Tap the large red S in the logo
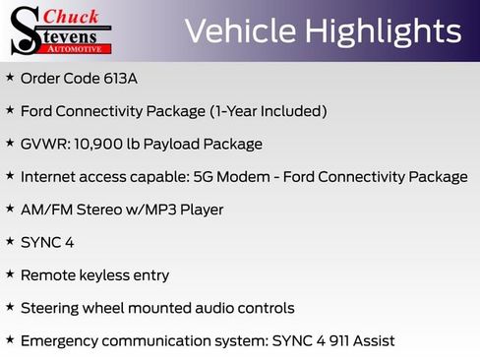tap(25, 31)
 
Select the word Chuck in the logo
tap(77, 17)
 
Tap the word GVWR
tap(42, 144)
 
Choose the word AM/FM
tap(43, 210)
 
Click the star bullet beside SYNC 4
tap(10, 241)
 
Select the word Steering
tap(52, 308)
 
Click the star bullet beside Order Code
tap(10, 77)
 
